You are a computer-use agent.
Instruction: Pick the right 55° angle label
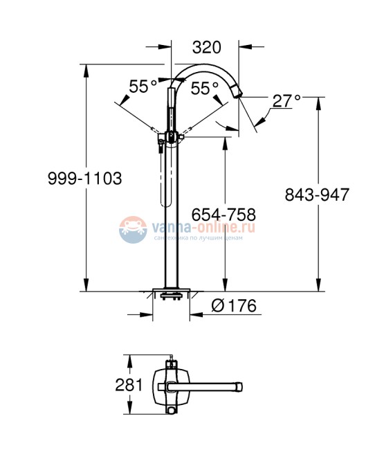(x=205, y=88)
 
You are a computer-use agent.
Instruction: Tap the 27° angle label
(x=285, y=100)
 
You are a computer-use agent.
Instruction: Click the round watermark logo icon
(x=132, y=231)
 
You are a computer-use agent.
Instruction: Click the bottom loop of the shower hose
(x=165, y=204)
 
